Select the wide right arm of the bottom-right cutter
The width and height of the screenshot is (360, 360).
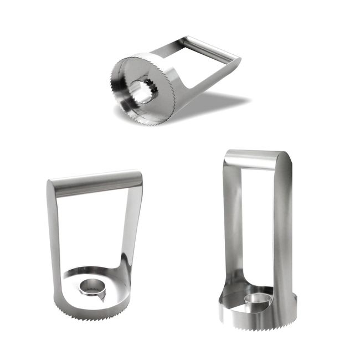tap(282, 233)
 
